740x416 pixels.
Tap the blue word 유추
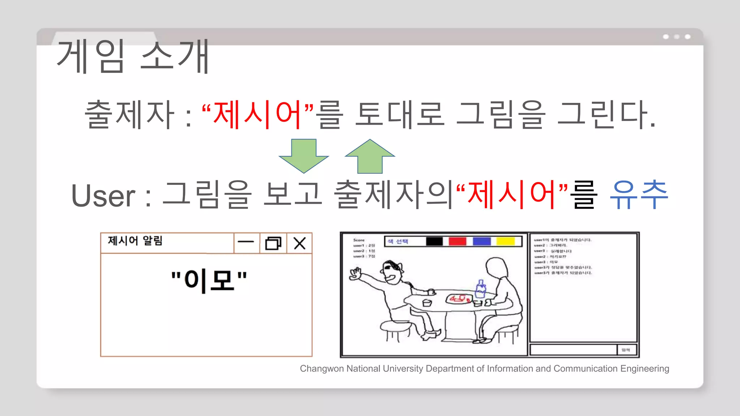(x=638, y=195)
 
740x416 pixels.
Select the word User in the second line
(x=103, y=196)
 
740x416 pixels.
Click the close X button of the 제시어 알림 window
(x=300, y=243)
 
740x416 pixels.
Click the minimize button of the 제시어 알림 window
(x=246, y=243)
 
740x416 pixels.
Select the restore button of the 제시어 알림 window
(x=273, y=243)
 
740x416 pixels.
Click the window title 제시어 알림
(x=135, y=241)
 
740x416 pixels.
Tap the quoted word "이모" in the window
(x=209, y=280)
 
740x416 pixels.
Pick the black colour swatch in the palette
(x=434, y=241)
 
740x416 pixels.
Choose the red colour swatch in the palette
(x=457, y=241)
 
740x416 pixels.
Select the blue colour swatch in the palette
(x=482, y=241)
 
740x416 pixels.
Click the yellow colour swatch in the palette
(x=505, y=241)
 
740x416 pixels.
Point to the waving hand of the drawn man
(x=355, y=274)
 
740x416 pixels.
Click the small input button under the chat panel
(x=626, y=350)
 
